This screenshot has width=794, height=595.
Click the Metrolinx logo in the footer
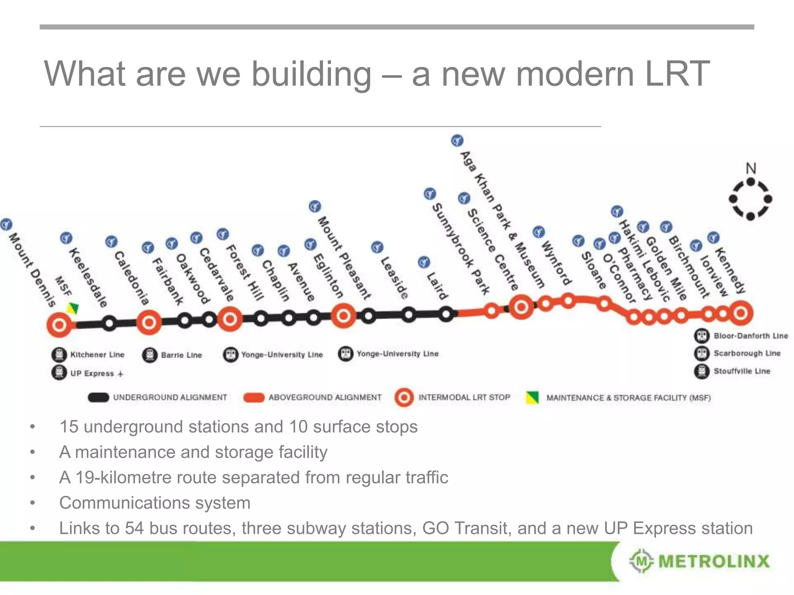point(699,561)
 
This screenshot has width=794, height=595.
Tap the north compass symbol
point(751,199)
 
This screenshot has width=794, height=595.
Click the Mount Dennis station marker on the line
point(60,325)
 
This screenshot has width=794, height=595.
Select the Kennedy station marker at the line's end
point(740,313)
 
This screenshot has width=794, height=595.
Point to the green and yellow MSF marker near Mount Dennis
point(73,308)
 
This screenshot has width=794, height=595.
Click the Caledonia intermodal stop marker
point(149,322)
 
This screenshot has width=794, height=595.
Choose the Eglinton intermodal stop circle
point(343,316)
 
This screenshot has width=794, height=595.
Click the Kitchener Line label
point(97,354)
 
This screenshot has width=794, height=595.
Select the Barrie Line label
point(181,355)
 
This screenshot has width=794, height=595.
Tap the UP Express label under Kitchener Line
point(92,373)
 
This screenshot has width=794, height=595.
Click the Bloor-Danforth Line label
point(751,336)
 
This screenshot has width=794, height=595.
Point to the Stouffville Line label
point(742,371)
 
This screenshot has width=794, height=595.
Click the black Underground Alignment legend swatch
point(98,397)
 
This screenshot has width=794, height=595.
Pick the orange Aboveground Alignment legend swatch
point(254,398)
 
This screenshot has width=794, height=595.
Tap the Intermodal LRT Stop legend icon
point(404,398)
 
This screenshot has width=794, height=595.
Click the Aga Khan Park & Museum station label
point(502,219)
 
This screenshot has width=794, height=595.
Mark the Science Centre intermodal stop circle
point(521,307)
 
